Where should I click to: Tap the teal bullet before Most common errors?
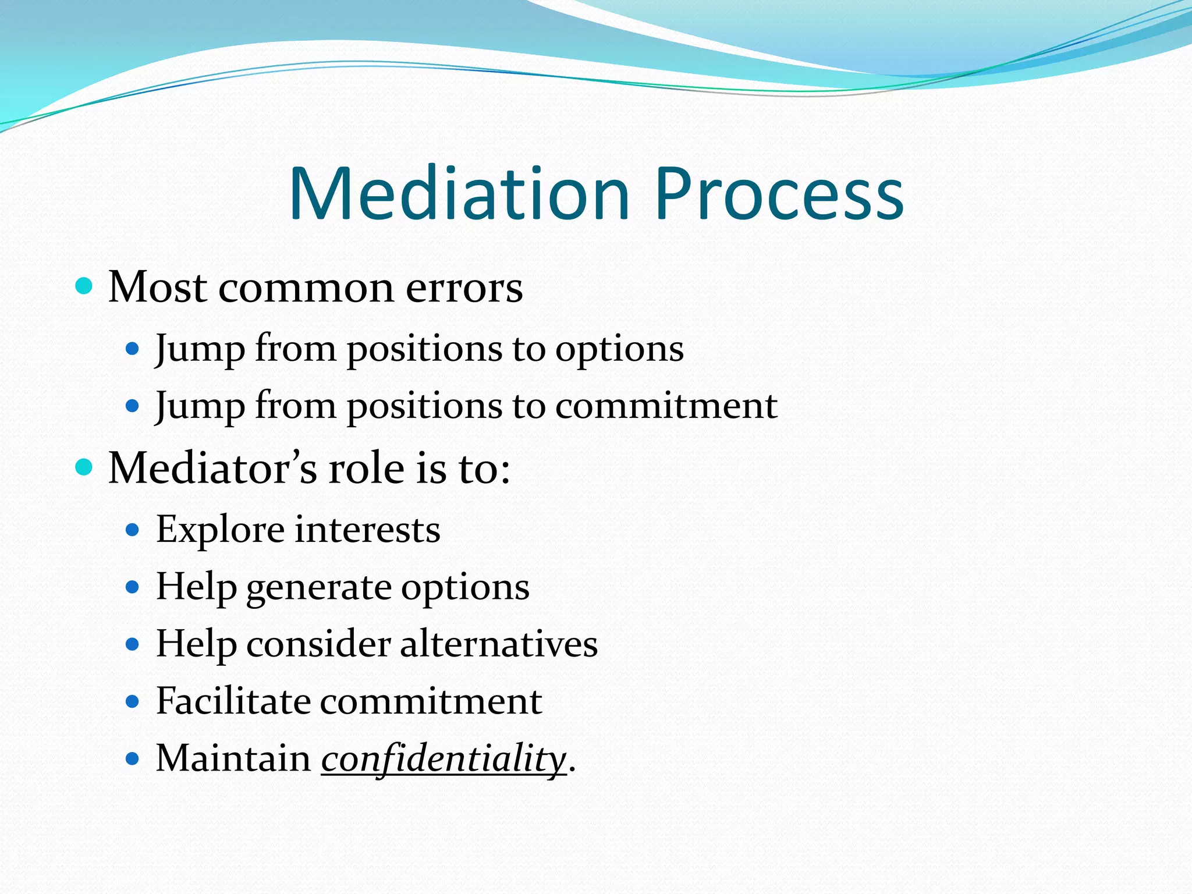85,286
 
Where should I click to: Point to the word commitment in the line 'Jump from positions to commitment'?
666,406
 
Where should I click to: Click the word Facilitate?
233,701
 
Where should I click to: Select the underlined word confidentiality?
444,760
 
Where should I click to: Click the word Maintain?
233,759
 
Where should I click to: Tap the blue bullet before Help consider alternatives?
133,644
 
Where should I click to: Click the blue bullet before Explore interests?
133,530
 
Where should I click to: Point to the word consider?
318,644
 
